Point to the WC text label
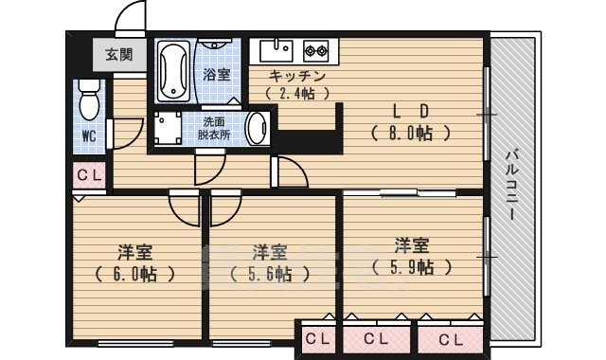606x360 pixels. pyautogui.click(x=89, y=136)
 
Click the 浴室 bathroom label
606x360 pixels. pyautogui.click(x=217, y=73)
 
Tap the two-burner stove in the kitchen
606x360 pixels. pyautogui.click(x=315, y=49)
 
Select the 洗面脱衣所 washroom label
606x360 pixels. pyautogui.click(x=216, y=128)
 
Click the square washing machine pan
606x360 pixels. pyautogui.click(x=169, y=128)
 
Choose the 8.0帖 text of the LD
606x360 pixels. pyautogui.click(x=409, y=134)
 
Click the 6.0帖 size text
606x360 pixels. pyautogui.click(x=136, y=275)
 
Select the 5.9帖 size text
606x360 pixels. pyautogui.click(x=413, y=267)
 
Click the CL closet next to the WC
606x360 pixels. pyautogui.click(x=90, y=174)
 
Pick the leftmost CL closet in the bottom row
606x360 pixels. pyautogui.click(x=317, y=338)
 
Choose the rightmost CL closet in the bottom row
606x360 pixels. pyautogui.click(x=450, y=338)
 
